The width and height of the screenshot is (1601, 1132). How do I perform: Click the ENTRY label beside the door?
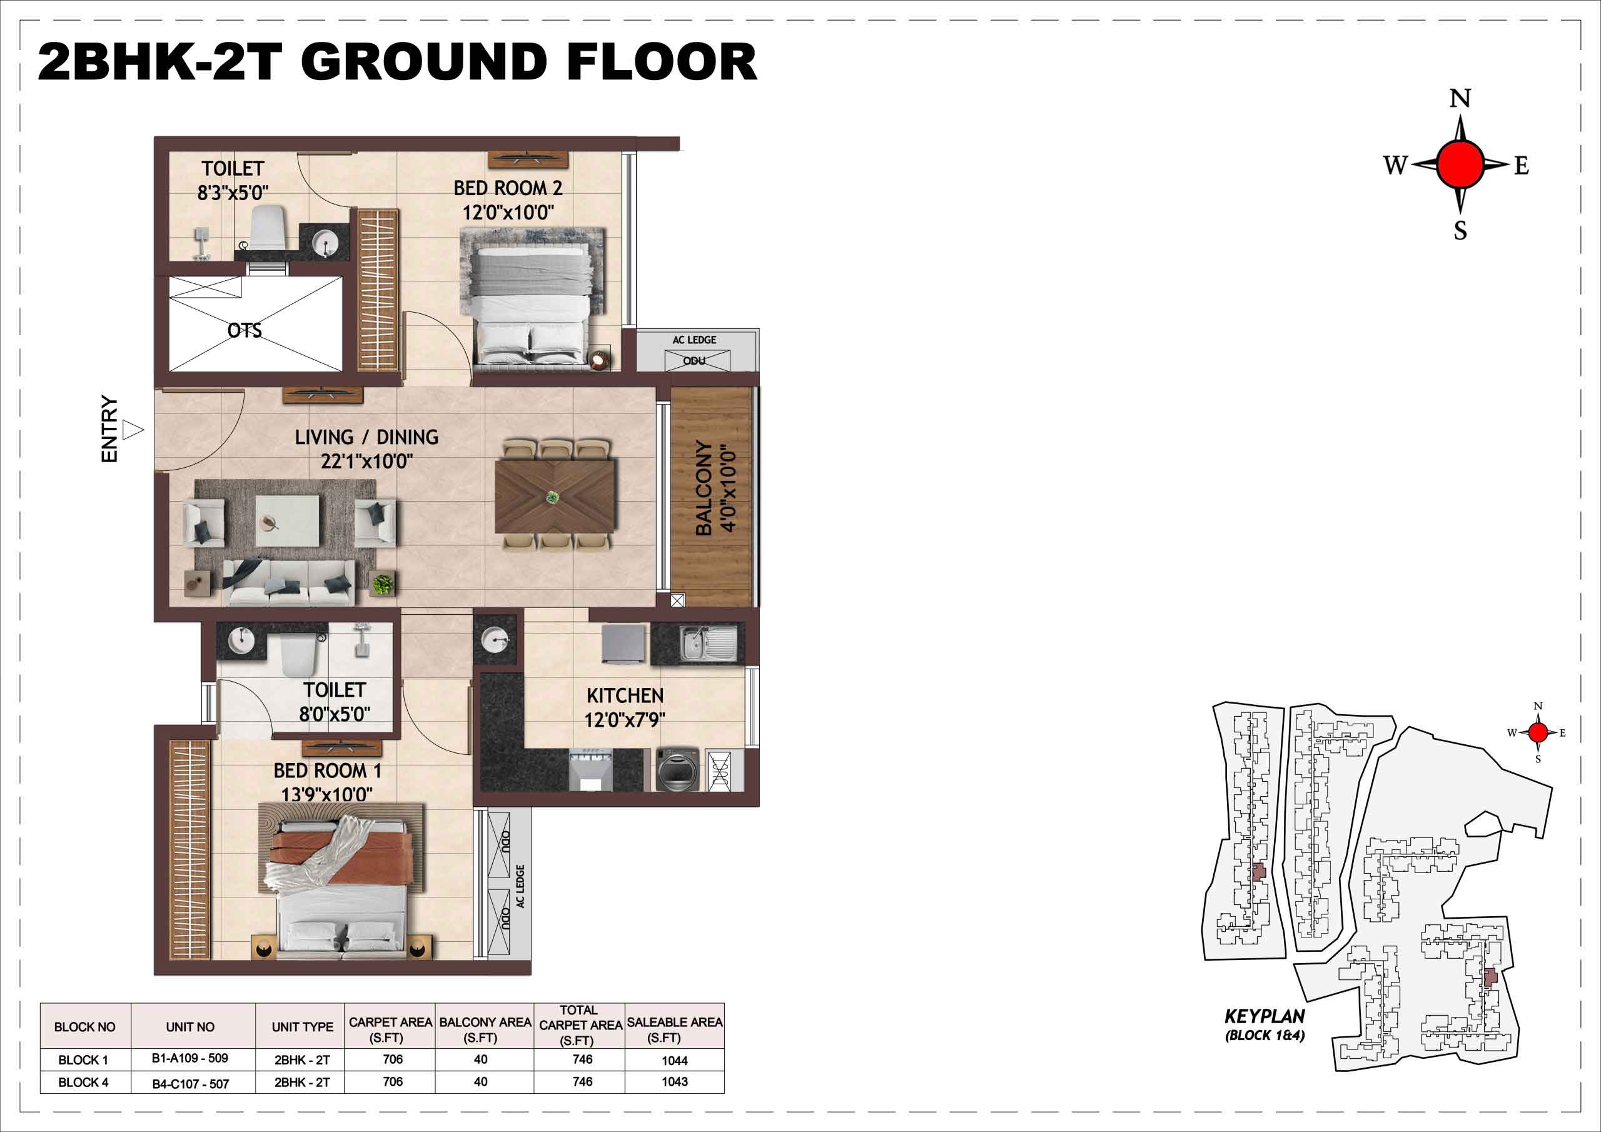(109, 429)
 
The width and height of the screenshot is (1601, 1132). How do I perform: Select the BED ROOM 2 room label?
(508, 188)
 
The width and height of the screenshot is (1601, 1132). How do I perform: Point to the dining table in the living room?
(555, 497)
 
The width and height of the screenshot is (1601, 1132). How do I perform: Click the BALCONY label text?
(704, 488)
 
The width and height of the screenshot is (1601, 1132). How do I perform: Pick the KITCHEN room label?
(625, 695)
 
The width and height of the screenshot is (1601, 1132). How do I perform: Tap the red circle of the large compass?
(1460, 164)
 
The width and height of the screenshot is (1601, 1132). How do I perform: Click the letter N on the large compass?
(1460, 99)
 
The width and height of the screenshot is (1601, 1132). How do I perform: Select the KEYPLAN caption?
(1264, 1016)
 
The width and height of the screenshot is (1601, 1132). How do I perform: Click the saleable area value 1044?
(674, 1061)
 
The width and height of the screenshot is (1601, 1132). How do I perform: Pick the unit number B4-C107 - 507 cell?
(190, 1084)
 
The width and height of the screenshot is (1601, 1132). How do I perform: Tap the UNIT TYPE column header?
(303, 1027)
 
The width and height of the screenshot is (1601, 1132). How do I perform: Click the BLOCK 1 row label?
(83, 1060)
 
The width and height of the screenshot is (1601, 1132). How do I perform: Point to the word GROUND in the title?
(425, 62)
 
